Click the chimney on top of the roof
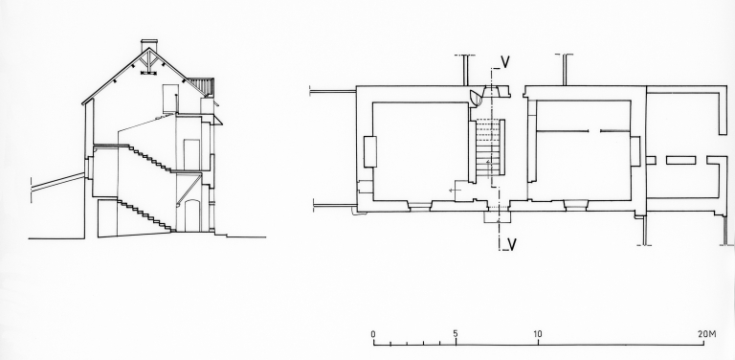[149, 45]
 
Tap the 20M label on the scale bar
[707, 334]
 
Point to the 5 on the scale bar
[456, 334]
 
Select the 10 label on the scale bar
[537, 334]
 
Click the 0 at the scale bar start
[373, 334]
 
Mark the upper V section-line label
[505, 62]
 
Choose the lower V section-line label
[512, 244]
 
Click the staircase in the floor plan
[490, 147]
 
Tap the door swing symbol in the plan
[476, 97]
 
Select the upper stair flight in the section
[150, 158]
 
